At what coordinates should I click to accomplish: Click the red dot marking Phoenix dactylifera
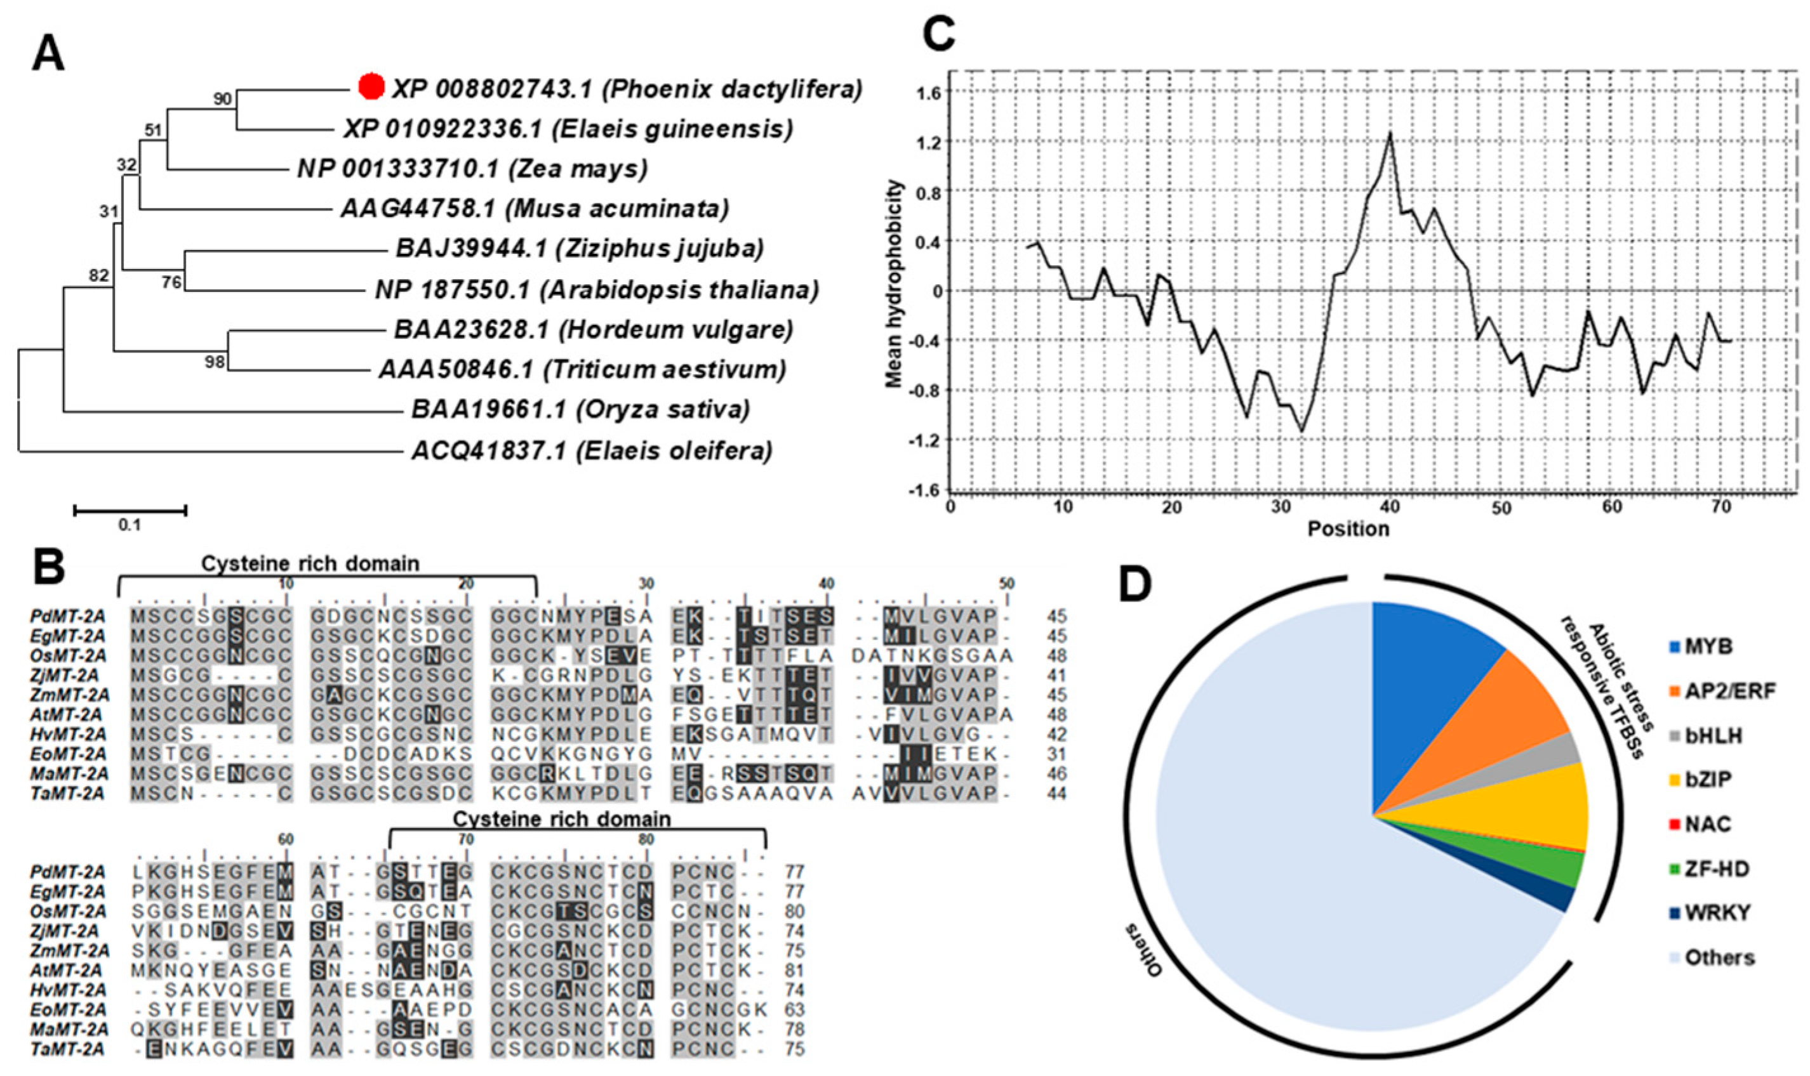point(371,86)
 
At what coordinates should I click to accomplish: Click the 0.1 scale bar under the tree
point(130,511)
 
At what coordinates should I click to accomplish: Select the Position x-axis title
point(1348,529)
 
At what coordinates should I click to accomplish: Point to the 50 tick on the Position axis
point(1501,508)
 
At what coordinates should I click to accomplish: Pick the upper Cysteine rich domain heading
point(310,563)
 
